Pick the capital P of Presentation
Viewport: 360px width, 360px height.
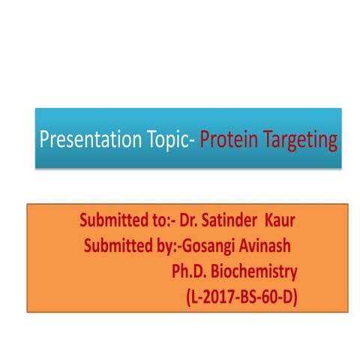(x=44, y=139)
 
